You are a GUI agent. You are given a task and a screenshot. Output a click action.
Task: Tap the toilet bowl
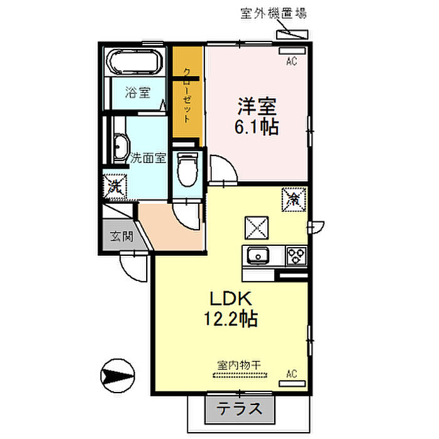pos(188,169)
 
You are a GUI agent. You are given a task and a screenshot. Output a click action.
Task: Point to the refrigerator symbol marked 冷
pos(294,199)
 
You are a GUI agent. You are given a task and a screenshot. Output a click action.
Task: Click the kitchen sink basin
pos(258,256)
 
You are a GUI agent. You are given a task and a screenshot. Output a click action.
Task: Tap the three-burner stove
pos(296,256)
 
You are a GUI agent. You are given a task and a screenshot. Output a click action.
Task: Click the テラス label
pos(240,409)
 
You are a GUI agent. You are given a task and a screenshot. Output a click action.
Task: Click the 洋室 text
pos(257,107)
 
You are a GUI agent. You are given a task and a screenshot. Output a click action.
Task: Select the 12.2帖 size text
pos(231,319)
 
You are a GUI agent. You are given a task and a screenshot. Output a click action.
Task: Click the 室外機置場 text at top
pos(273,13)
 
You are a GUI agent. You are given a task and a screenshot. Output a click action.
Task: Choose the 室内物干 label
pos(239,365)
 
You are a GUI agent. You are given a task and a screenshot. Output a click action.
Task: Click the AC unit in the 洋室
pos(292,51)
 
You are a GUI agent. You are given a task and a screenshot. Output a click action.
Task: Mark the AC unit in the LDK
pos(292,384)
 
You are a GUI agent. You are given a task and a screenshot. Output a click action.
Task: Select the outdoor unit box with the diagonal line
pos(292,34)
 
